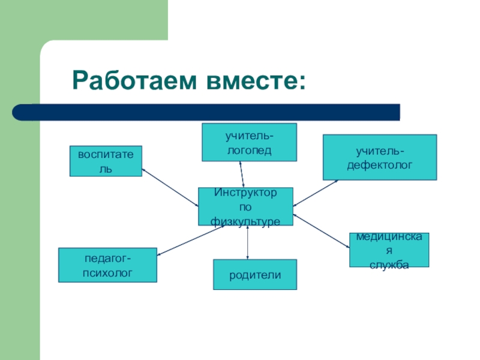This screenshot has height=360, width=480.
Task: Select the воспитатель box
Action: (106, 160)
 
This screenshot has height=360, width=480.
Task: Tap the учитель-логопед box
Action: (249, 142)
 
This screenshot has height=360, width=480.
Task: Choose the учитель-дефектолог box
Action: (380, 157)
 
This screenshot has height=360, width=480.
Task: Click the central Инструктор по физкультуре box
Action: (245, 206)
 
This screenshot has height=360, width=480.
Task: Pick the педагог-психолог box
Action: (107, 265)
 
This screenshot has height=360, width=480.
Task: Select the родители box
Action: (254, 274)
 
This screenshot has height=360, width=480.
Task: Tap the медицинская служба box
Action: (389, 250)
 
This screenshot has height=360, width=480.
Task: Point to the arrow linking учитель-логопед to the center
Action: (242, 174)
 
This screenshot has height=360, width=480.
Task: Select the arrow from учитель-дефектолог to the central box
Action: (316, 193)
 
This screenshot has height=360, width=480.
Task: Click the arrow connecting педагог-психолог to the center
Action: (189, 237)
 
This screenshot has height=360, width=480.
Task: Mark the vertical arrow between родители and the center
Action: (248, 242)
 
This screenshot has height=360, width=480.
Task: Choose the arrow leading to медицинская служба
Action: (322, 230)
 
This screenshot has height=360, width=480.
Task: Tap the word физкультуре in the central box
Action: (245, 221)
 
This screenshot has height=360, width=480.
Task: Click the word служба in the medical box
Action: (389, 264)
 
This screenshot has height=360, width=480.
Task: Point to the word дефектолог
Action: (380, 163)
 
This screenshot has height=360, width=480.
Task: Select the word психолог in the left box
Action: (107, 272)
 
